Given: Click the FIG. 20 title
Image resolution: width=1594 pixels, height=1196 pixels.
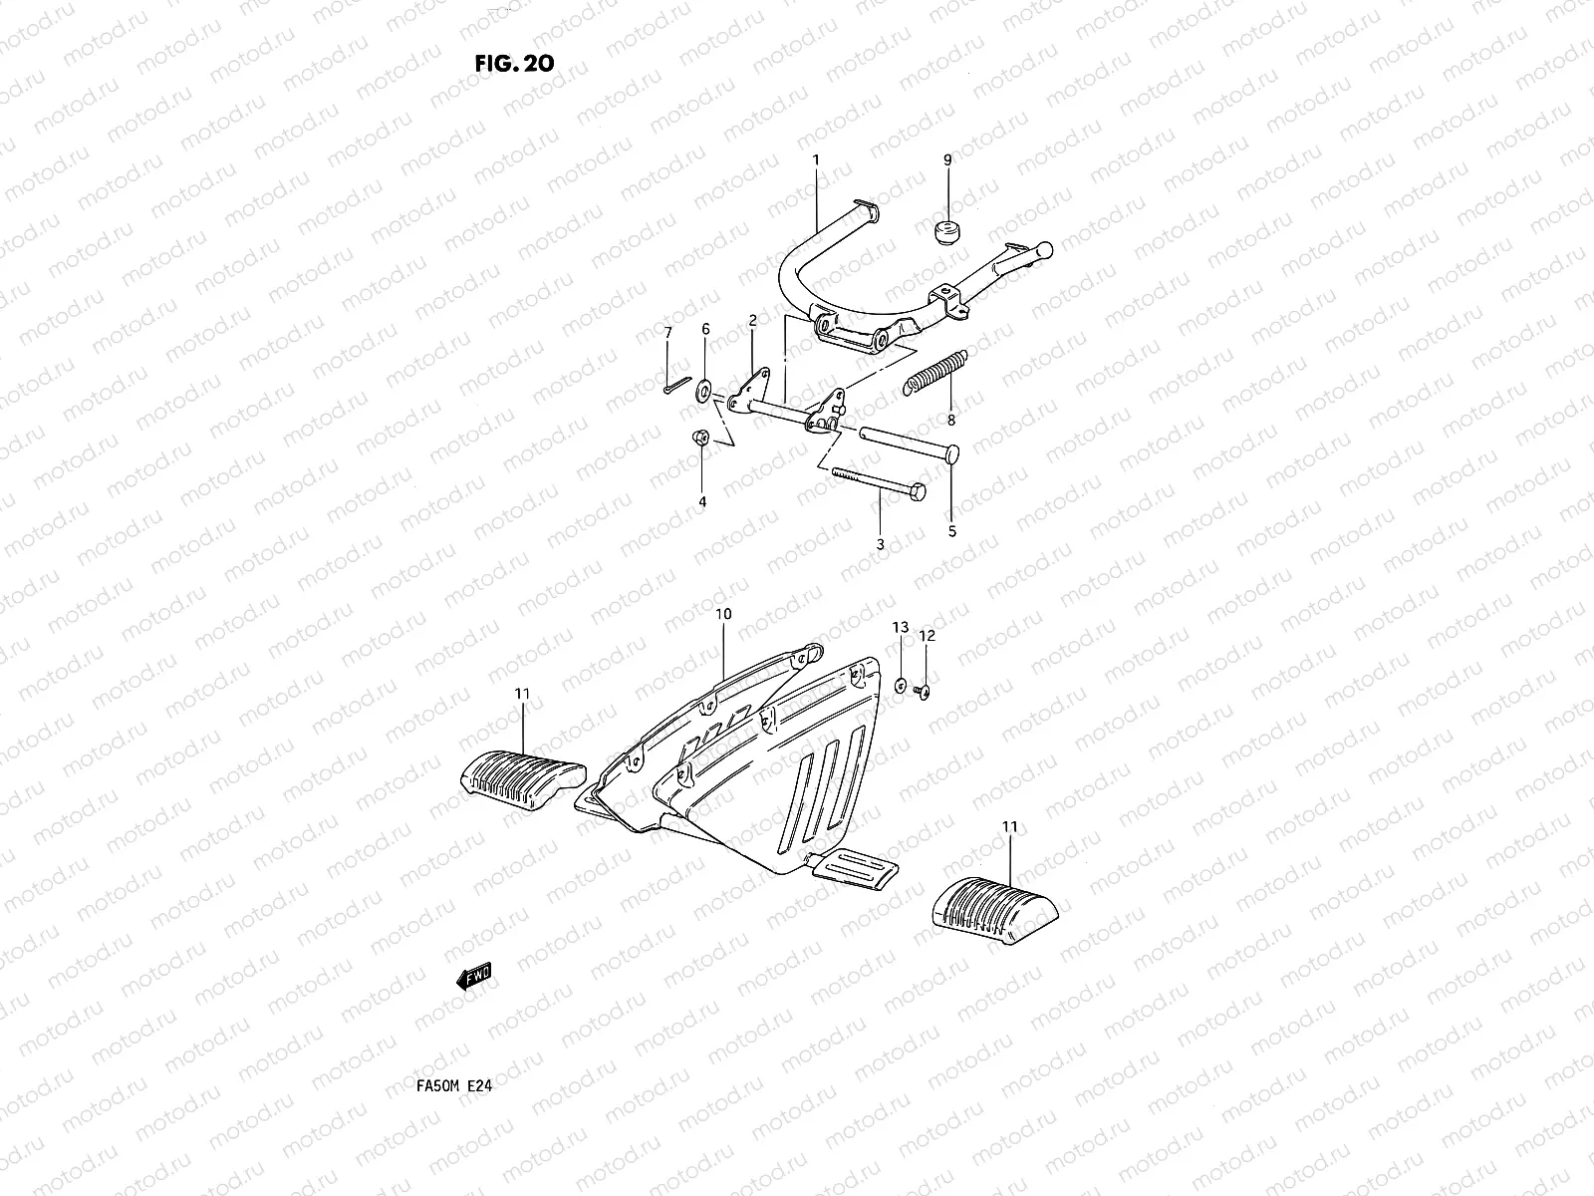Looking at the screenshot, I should (x=514, y=63).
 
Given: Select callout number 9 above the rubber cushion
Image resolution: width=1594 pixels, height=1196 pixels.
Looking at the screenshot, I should (x=947, y=159).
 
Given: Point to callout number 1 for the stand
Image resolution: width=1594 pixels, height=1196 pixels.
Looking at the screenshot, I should (x=815, y=159).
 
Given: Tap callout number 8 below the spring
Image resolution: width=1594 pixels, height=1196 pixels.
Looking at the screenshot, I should (x=951, y=421).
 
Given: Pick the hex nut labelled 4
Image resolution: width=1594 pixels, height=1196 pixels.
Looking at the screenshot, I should (x=700, y=438).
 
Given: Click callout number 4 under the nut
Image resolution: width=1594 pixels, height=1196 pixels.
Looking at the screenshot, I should (x=702, y=502).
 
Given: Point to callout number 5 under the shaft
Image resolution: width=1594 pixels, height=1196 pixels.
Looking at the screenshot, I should (x=951, y=531).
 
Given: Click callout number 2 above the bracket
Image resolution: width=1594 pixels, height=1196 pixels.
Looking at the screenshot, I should (x=752, y=320).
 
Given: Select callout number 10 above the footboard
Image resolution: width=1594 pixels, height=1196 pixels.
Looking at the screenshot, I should (x=723, y=614).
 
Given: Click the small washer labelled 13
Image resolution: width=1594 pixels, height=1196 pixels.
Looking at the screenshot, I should (x=901, y=686).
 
